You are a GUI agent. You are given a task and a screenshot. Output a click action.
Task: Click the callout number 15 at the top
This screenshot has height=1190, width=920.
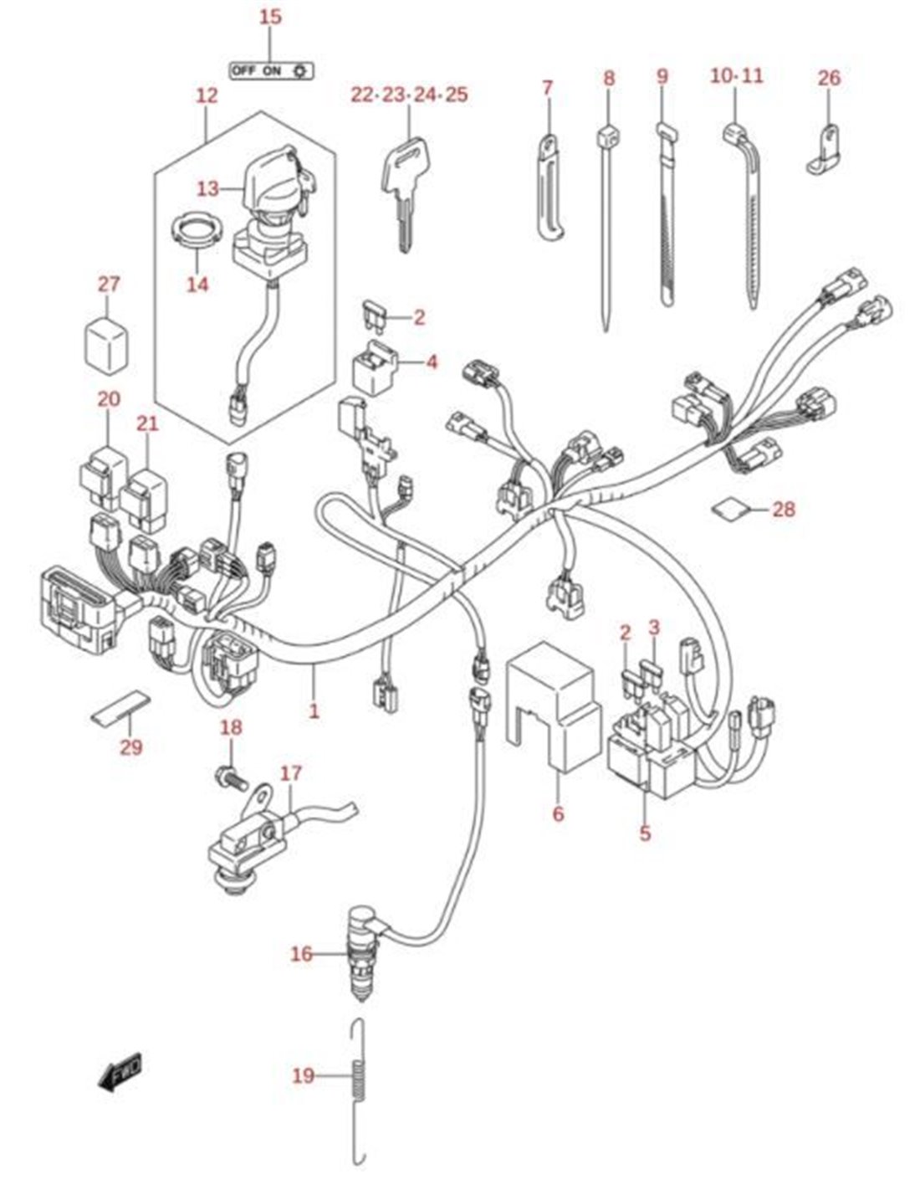[x=270, y=18]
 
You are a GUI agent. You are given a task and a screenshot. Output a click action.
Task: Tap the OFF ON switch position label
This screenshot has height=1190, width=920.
[x=271, y=70]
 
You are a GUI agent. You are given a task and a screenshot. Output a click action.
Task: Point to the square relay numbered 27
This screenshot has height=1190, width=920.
[x=108, y=341]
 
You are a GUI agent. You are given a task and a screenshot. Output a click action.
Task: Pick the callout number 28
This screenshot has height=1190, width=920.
[x=784, y=508]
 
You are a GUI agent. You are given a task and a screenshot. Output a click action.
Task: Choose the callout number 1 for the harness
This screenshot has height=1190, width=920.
[x=314, y=711]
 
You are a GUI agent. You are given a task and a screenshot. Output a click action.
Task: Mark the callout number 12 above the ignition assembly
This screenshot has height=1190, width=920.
[x=206, y=95]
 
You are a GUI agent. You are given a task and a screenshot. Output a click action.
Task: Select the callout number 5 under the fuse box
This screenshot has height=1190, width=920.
[x=644, y=834]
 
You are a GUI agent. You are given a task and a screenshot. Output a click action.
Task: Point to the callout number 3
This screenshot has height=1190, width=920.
[x=654, y=627]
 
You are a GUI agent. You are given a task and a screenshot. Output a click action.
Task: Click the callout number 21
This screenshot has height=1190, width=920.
[x=147, y=424]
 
